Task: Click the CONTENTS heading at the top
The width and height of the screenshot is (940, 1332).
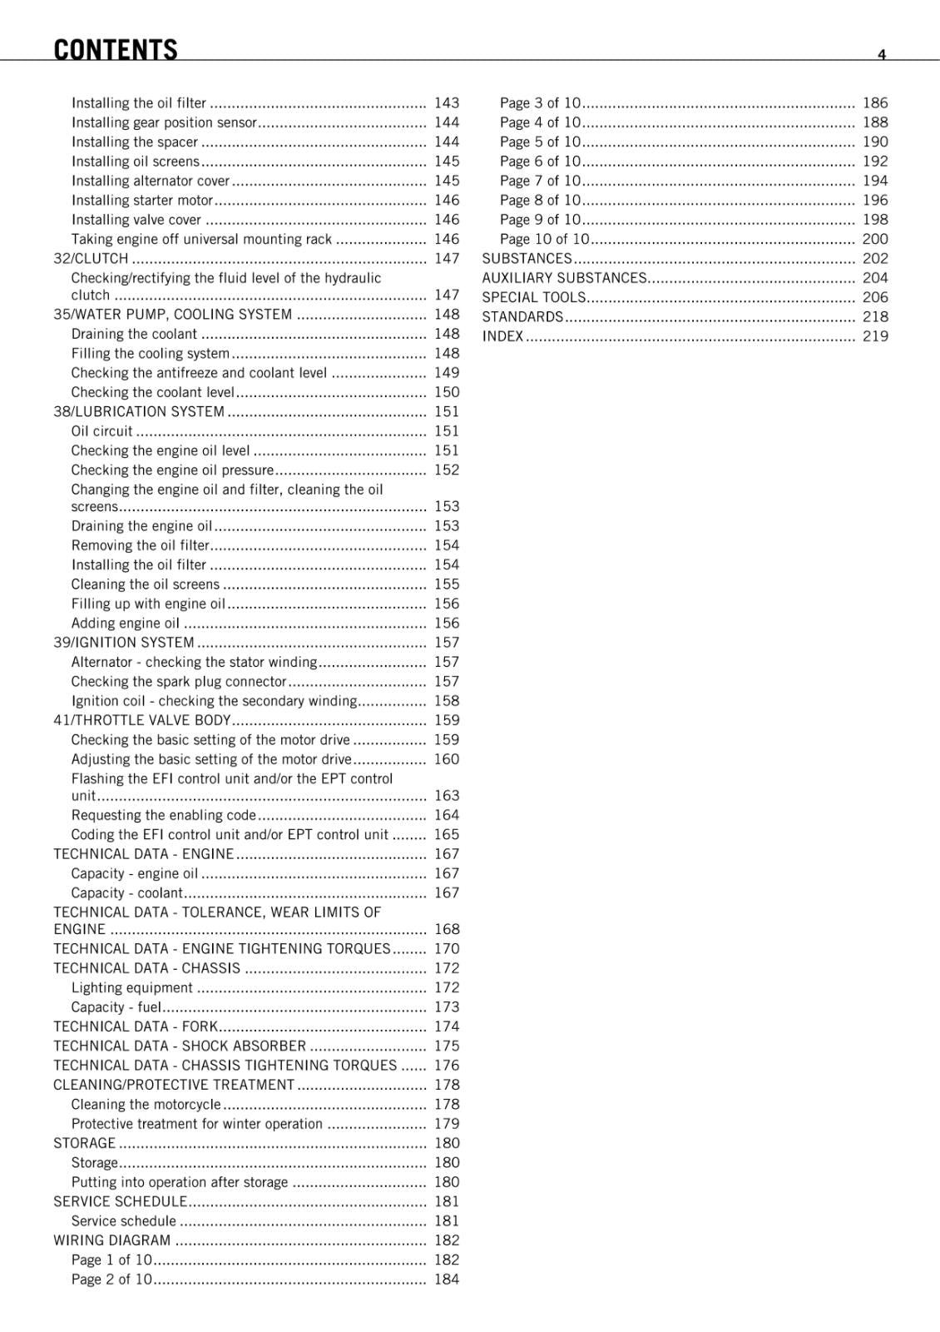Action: pyautogui.click(x=116, y=50)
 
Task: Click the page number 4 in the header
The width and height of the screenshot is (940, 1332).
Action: pyautogui.click(x=882, y=55)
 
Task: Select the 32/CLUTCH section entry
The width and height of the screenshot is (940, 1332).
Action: pyautogui.click(x=91, y=259)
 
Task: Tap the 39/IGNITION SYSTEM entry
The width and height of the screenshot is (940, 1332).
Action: pyautogui.click(x=124, y=643)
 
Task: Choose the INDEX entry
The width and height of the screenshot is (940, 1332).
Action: pyautogui.click(x=502, y=336)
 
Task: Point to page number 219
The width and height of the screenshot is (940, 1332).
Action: pyautogui.click(x=875, y=336)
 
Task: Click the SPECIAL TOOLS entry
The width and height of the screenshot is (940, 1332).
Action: pyautogui.click(x=534, y=297)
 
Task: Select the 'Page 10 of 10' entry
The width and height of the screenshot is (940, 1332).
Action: pyautogui.click(x=544, y=239)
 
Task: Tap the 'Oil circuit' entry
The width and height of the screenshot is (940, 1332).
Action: pyautogui.click(x=101, y=431)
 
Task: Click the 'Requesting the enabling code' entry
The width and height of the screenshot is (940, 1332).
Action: pyautogui.click(x=164, y=815)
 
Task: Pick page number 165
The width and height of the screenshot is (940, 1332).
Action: pyautogui.click(x=447, y=834)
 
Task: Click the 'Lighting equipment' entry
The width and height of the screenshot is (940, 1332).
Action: pyautogui.click(x=131, y=987)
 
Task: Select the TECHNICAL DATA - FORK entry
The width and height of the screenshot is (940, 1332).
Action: pyautogui.click(x=136, y=1026)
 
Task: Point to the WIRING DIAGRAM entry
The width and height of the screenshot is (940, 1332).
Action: pyautogui.click(x=111, y=1240)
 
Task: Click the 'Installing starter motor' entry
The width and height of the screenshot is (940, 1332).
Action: pyautogui.click(x=142, y=201)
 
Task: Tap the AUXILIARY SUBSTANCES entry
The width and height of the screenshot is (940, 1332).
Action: pyautogui.click(x=564, y=278)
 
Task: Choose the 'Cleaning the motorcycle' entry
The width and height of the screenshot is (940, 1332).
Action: pyautogui.click(x=146, y=1104)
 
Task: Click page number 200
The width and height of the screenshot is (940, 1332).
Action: pyautogui.click(x=875, y=239)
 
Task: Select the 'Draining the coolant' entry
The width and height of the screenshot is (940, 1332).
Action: pyautogui.click(x=134, y=334)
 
